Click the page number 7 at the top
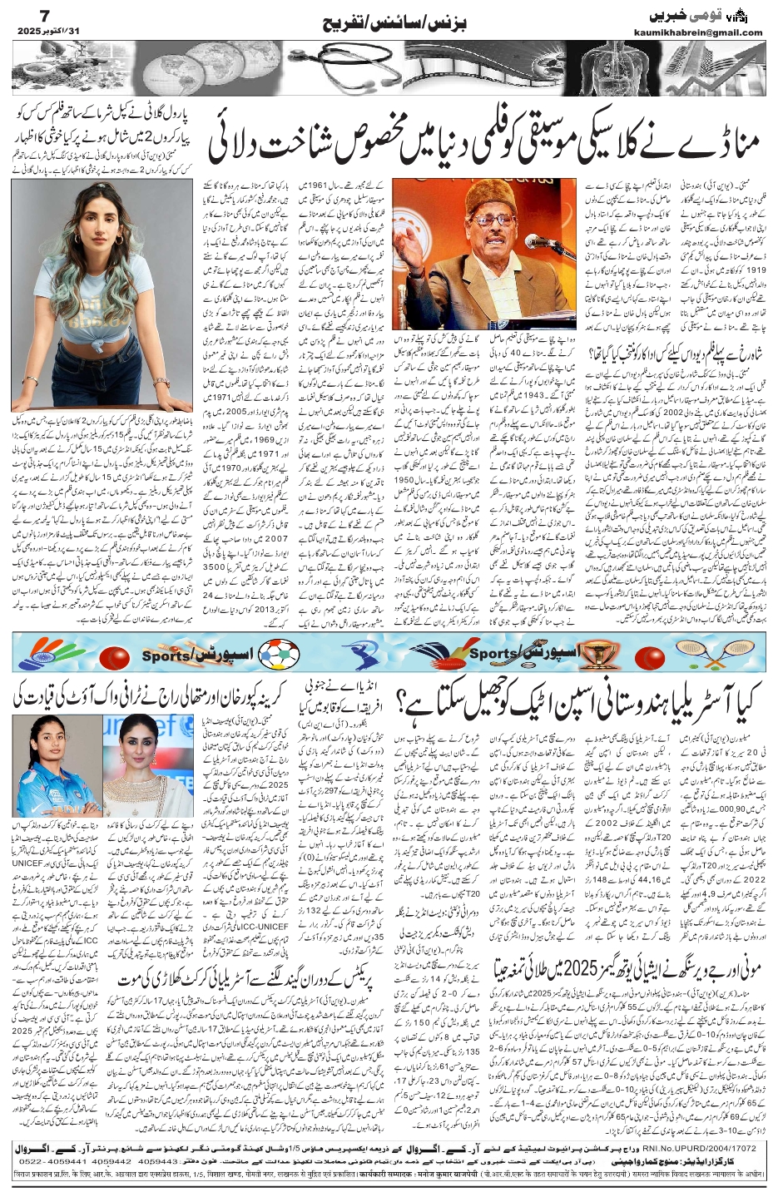(22, 14)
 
